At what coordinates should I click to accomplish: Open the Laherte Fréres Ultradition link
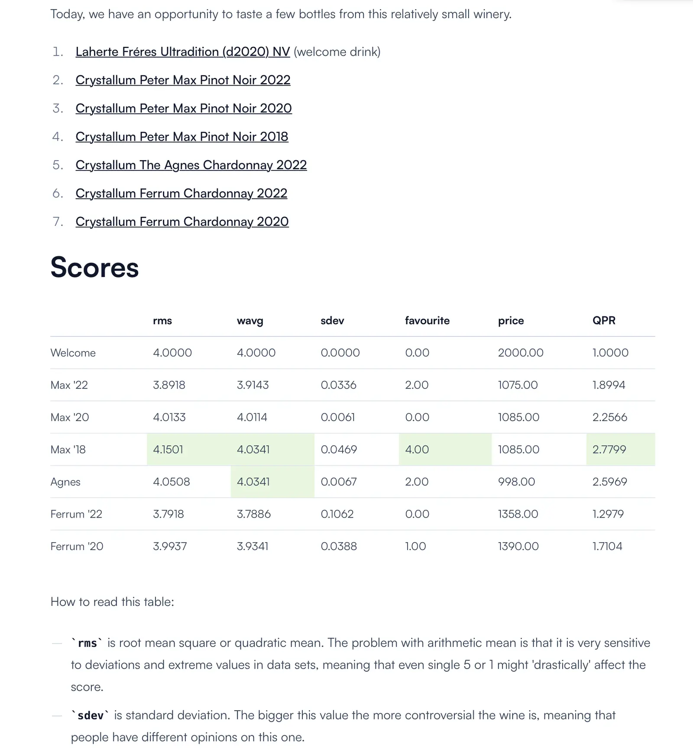(x=182, y=52)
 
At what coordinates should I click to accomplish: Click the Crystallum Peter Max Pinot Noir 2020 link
(x=183, y=109)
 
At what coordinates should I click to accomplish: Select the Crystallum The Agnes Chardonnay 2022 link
(x=191, y=165)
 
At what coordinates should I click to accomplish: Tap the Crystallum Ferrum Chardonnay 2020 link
(x=182, y=222)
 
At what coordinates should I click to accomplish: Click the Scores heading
(x=94, y=267)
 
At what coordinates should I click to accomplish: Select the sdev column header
(x=332, y=321)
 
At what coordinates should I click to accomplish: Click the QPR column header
(x=604, y=321)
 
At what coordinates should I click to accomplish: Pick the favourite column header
(x=427, y=321)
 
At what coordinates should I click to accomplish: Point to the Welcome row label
(x=73, y=353)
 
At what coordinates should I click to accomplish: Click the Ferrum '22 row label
(x=76, y=514)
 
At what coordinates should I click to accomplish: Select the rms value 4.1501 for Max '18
(x=168, y=450)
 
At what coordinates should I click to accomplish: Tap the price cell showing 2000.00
(x=521, y=353)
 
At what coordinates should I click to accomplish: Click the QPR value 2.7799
(x=609, y=450)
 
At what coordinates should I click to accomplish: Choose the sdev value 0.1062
(x=337, y=514)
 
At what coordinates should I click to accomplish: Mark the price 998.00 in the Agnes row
(x=516, y=482)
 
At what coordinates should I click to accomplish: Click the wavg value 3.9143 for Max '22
(x=253, y=385)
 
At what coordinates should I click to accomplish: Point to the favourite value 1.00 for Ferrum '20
(x=415, y=546)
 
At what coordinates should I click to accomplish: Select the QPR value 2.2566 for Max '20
(x=609, y=417)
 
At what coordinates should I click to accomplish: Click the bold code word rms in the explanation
(x=87, y=644)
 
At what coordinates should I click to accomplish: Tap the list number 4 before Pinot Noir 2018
(x=57, y=137)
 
